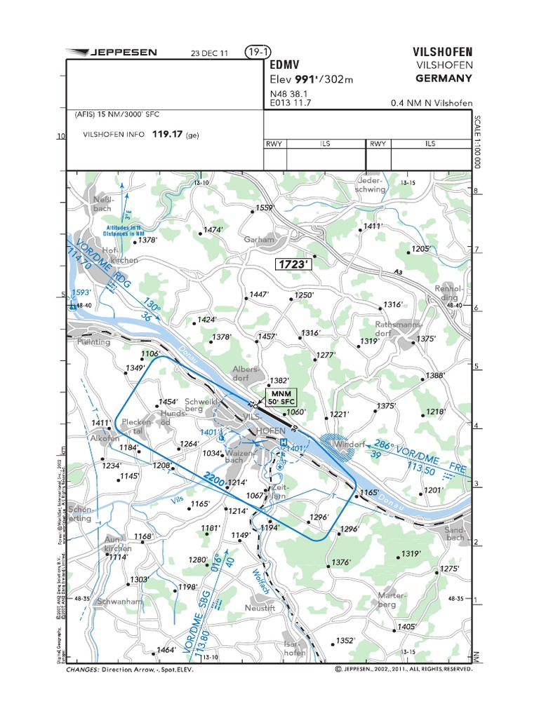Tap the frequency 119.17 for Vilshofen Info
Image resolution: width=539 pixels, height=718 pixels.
(167, 135)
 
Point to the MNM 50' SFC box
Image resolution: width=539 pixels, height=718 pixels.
(281, 396)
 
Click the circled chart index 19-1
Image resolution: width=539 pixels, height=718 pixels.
(258, 52)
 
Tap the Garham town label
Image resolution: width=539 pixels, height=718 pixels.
(259, 240)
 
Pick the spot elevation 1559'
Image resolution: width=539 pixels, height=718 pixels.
(264, 208)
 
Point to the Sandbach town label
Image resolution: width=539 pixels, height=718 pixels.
(454, 534)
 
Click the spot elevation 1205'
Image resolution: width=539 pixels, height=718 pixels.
(421, 249)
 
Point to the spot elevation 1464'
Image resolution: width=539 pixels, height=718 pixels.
(166, 650)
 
